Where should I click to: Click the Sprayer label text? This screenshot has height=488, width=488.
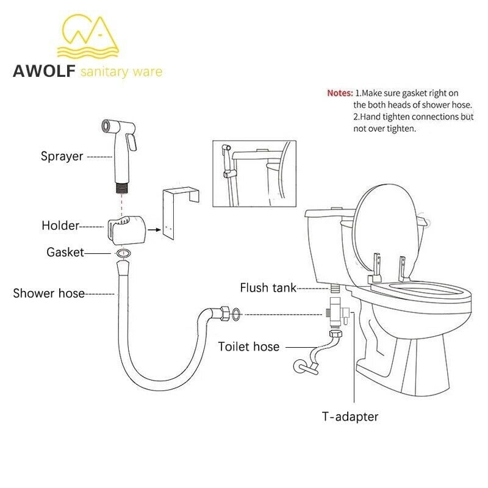click(62, 157)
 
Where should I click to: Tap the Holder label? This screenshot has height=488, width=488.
click(60, 226)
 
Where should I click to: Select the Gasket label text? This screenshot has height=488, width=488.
click(65, 252)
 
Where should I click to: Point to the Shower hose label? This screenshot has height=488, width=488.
click(49, 293)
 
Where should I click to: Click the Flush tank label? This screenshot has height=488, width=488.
click(268, 287)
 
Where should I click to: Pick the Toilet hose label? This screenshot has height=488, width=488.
click(249, 346)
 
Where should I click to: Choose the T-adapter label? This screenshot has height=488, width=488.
click(350, 417)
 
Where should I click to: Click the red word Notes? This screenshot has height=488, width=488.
click(340, 93)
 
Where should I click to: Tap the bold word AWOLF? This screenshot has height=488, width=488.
click(44, 71)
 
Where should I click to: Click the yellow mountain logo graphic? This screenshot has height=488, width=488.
click(88, 36)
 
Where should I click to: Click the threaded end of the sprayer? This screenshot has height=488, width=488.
click(121, 188)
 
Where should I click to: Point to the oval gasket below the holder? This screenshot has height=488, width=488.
click(124, 253)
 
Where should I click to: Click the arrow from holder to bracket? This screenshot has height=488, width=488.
click(154, 230)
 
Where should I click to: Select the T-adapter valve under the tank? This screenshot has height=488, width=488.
click(337, 312)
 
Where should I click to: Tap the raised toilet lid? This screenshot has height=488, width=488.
click(386, 232)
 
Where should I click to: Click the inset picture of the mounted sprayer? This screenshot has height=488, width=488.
click(254, 173)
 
